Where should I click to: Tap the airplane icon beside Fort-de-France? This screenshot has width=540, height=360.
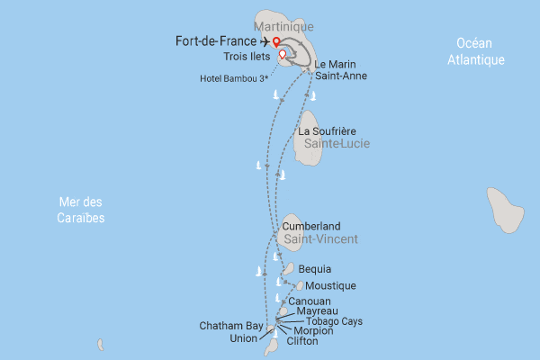pyautogui.click(x=263, y=40)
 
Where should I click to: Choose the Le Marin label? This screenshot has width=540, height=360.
pyautogui.click(x=334, y=64)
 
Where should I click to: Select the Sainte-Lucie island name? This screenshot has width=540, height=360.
pyautogui.click(x=337, y=144)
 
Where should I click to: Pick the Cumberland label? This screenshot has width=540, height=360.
pyautogui.click(x=311, y=226)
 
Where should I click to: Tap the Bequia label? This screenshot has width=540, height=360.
pyautogui.click(x=315, y=269)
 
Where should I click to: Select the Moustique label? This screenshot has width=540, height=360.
pyautogui.click(x=331, y=285)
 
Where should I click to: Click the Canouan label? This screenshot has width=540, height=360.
pyautogui.click(x=310, y=301)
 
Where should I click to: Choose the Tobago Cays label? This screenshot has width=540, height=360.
pyautogui.click(x=335, y=321)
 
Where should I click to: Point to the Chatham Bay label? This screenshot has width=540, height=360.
pyautogui.click(x=229, y=327)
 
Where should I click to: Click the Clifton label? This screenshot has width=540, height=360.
pyautogui.click(x=302, y=341)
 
